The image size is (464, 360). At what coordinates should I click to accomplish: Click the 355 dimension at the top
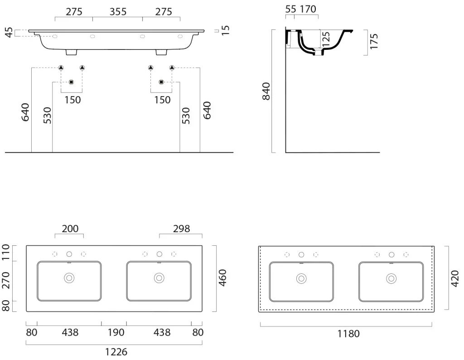pos(118,12)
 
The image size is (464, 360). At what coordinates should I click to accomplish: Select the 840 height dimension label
pos(266,92)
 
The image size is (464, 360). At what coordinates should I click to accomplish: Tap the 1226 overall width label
pos(116,352)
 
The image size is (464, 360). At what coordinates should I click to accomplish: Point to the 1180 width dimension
pos(348,334)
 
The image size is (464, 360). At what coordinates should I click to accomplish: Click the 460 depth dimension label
pos(222,277)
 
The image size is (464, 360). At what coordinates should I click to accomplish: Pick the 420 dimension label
pos(454,278)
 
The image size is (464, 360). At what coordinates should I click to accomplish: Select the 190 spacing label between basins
pos(116,332)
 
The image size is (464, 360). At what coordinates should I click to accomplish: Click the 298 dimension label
pos(181,229)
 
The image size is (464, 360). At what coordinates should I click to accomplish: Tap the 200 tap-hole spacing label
pos(70,229)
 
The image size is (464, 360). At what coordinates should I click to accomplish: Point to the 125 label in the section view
pos(325,39)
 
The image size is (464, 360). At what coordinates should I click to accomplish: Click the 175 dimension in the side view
pos(374,41)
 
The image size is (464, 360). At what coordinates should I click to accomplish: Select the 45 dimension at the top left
pos(9,33)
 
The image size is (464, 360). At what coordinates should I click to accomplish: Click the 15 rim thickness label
pos(225,30)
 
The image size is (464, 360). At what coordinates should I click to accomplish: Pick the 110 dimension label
pos(5,252)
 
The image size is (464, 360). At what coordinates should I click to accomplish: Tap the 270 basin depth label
pos(5,280)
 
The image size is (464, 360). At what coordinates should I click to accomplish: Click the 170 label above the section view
pos(308,9)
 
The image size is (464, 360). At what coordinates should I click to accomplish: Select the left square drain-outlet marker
pos(71,82)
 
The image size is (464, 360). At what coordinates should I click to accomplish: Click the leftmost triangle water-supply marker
pos(61,68)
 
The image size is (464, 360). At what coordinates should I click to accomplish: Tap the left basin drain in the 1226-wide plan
pos(69,278)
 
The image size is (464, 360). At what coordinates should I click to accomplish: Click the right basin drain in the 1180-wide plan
pos(391,278)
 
